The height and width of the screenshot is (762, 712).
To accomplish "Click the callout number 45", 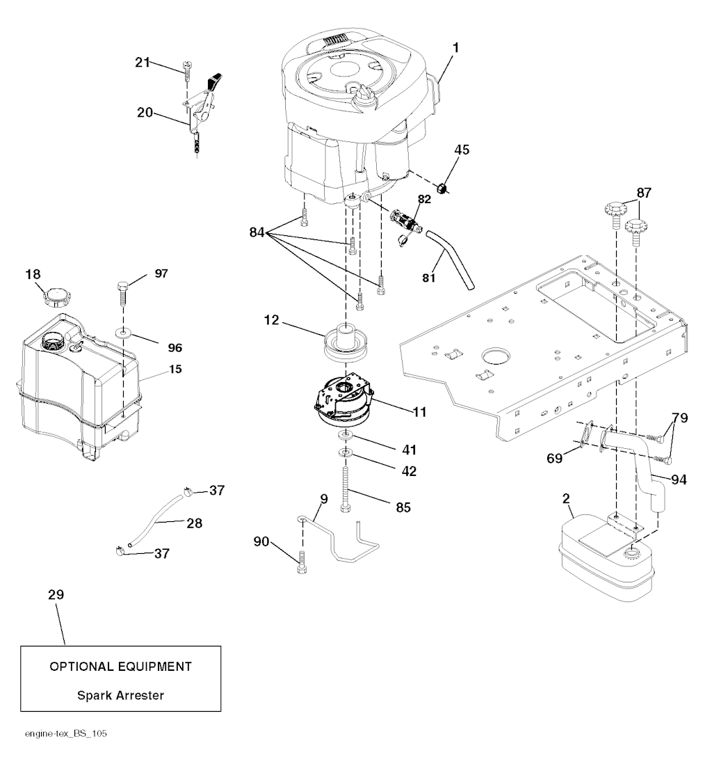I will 462,150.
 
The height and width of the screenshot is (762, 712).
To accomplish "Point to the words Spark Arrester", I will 121,694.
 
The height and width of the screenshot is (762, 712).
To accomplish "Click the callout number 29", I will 56,595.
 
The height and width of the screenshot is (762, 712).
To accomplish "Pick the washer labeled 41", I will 345,436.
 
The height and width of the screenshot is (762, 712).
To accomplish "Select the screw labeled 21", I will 186,68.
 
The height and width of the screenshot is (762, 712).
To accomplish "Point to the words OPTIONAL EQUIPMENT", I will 121,667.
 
